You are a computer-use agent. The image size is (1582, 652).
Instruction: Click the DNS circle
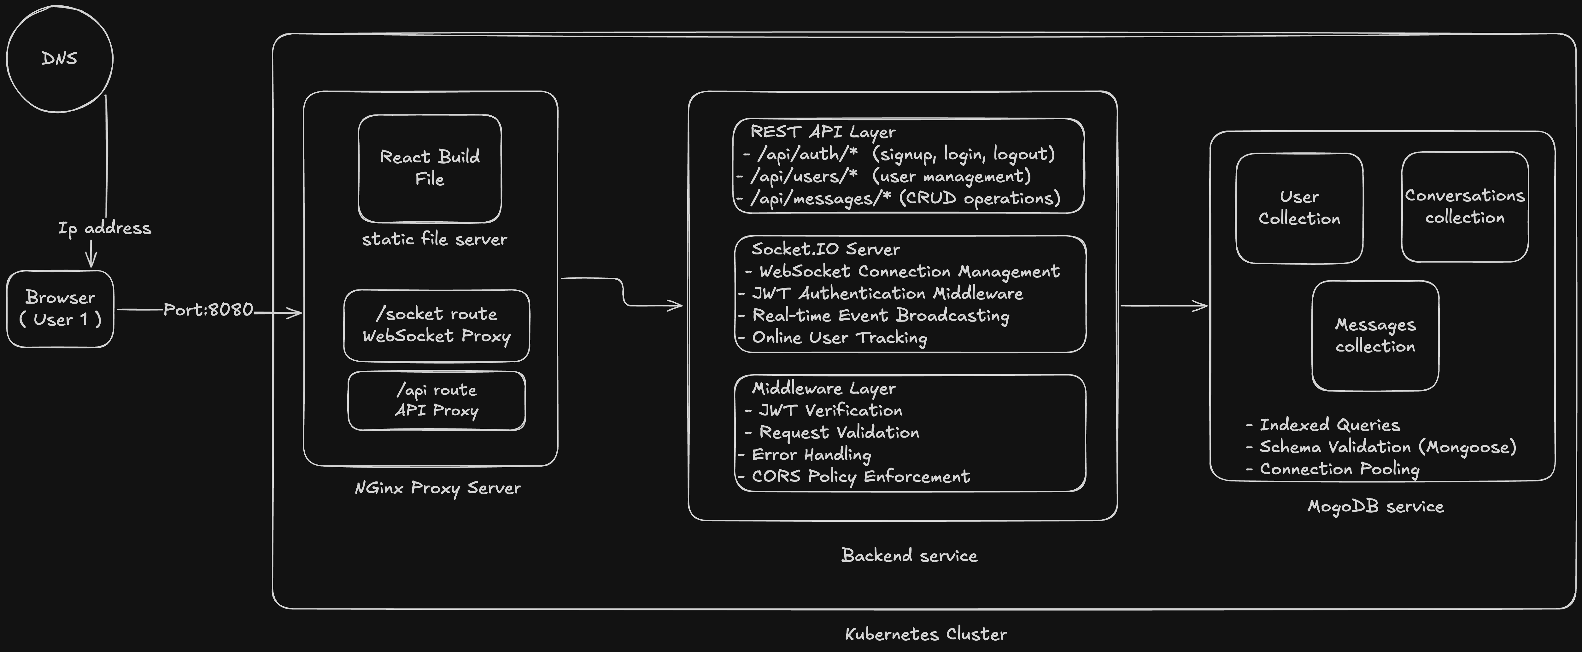[60, 59]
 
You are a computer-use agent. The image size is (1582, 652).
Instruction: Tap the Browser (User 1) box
[60, 309]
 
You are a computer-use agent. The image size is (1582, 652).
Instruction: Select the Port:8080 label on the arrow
[208, 309]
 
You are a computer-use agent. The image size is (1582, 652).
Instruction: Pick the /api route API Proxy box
[436, 400]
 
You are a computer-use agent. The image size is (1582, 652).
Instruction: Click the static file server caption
[434, 239]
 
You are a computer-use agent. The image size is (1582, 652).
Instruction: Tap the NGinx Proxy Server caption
[437, 488]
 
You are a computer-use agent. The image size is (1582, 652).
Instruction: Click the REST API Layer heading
[822, 132]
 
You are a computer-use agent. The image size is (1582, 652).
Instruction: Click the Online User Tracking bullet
[839, 338]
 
